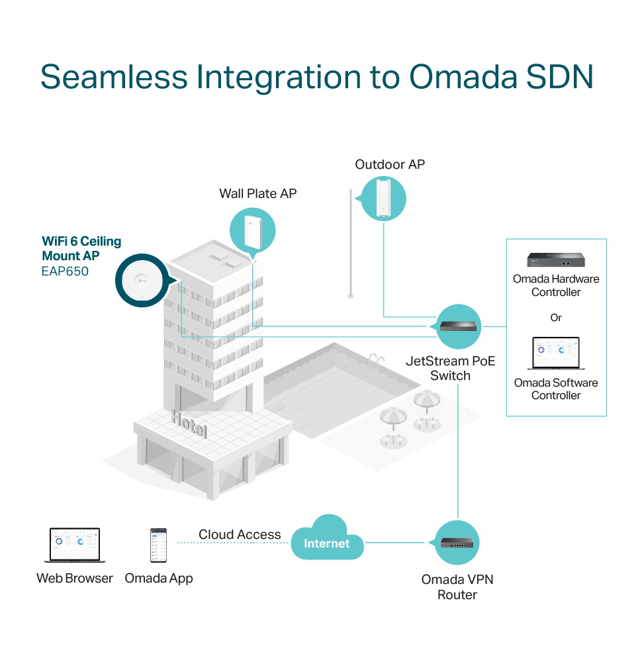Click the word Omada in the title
click(x=463, y=77)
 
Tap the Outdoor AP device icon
click(x=384, y=199)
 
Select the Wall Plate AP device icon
click(x=252, y=231)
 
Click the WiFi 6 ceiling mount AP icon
click(x=142, y=280)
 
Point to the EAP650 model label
click(x=65, y=271)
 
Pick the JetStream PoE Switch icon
click(x=458, y=326)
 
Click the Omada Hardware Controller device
click(x=556, y=260)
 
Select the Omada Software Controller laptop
click(x=556, y=353)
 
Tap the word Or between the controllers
click(x=556, y=318)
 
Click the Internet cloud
click(x=327, y=538)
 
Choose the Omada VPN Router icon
click(x=457, y=543)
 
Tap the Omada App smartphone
click(x=159, y=545)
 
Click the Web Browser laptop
click(x=75, y=545)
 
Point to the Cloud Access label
click(x=240, y=534)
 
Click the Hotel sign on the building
click(x=189, y=424)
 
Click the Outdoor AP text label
click(x=390, y=164)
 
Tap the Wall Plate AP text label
click(x=258, y=193)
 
